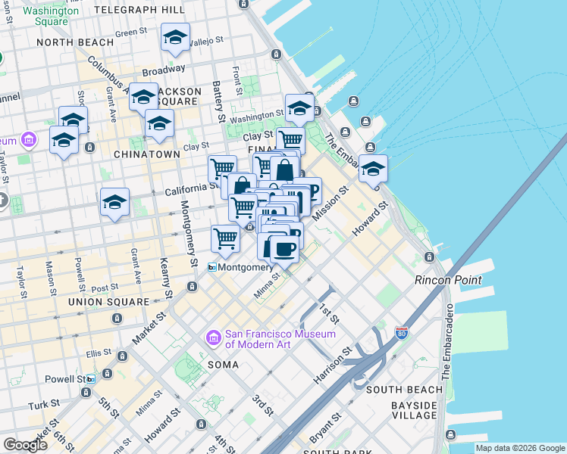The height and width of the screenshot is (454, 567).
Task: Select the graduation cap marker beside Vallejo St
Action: pos(176,38)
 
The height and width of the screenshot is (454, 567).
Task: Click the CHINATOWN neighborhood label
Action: pos(146,154)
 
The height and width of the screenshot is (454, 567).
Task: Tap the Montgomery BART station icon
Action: pos(212,267)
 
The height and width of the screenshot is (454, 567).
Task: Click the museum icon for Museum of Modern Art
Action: pos(213,337)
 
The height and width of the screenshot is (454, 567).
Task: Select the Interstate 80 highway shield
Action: pos(401,332)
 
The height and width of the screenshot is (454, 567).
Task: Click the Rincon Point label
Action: pos(447,280)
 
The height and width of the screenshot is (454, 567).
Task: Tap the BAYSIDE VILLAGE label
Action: pos(413,410)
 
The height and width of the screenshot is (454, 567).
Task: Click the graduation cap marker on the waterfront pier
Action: pos(372,169)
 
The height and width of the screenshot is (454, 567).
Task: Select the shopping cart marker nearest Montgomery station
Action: pos(226,238)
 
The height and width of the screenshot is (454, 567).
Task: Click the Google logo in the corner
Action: pos(25,445)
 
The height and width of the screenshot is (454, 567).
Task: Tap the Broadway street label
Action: pos(162,69)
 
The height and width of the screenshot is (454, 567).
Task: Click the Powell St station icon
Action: pos(90,379)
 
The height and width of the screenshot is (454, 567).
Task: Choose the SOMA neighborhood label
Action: pos(224,365)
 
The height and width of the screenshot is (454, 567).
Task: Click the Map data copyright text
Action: pos(520,448)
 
